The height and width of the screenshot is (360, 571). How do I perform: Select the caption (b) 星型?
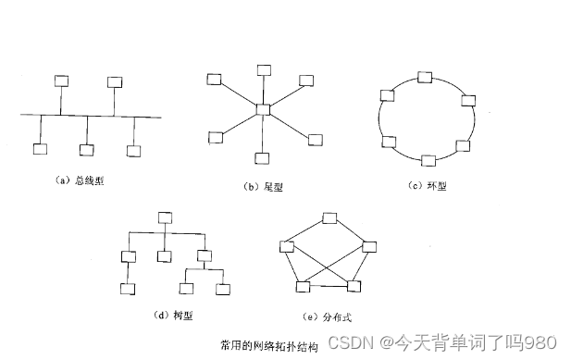(263, 186)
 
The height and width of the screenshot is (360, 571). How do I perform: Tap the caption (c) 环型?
(427, 186)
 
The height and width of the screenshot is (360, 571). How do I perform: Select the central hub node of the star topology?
(264, 111)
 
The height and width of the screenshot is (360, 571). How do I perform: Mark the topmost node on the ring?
(425, 77)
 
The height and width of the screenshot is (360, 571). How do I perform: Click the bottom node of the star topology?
(264, 158)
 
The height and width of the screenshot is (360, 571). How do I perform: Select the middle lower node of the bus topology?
(86, 150)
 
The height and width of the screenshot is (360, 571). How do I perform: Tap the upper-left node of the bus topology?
(62, 81)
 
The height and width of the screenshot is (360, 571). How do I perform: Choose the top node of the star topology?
(264, 69)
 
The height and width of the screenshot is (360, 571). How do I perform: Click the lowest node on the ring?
(428, 160)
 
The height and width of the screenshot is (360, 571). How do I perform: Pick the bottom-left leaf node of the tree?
(128, 289)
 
